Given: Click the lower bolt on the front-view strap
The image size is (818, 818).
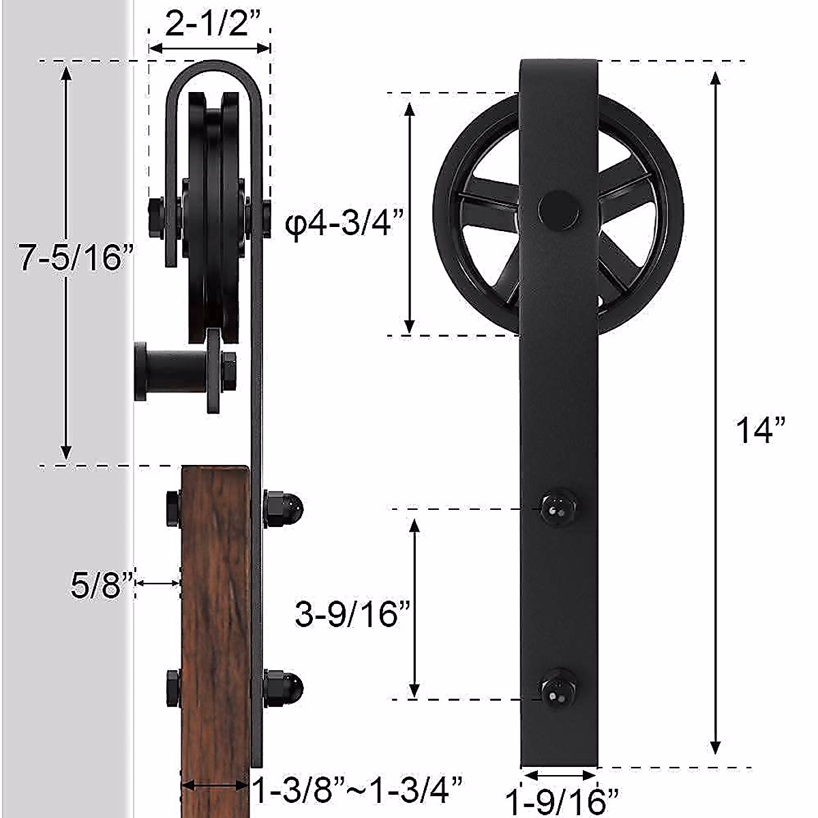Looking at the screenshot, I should point(558,687).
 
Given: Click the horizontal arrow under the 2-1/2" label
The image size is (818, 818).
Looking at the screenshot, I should point(209,48).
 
